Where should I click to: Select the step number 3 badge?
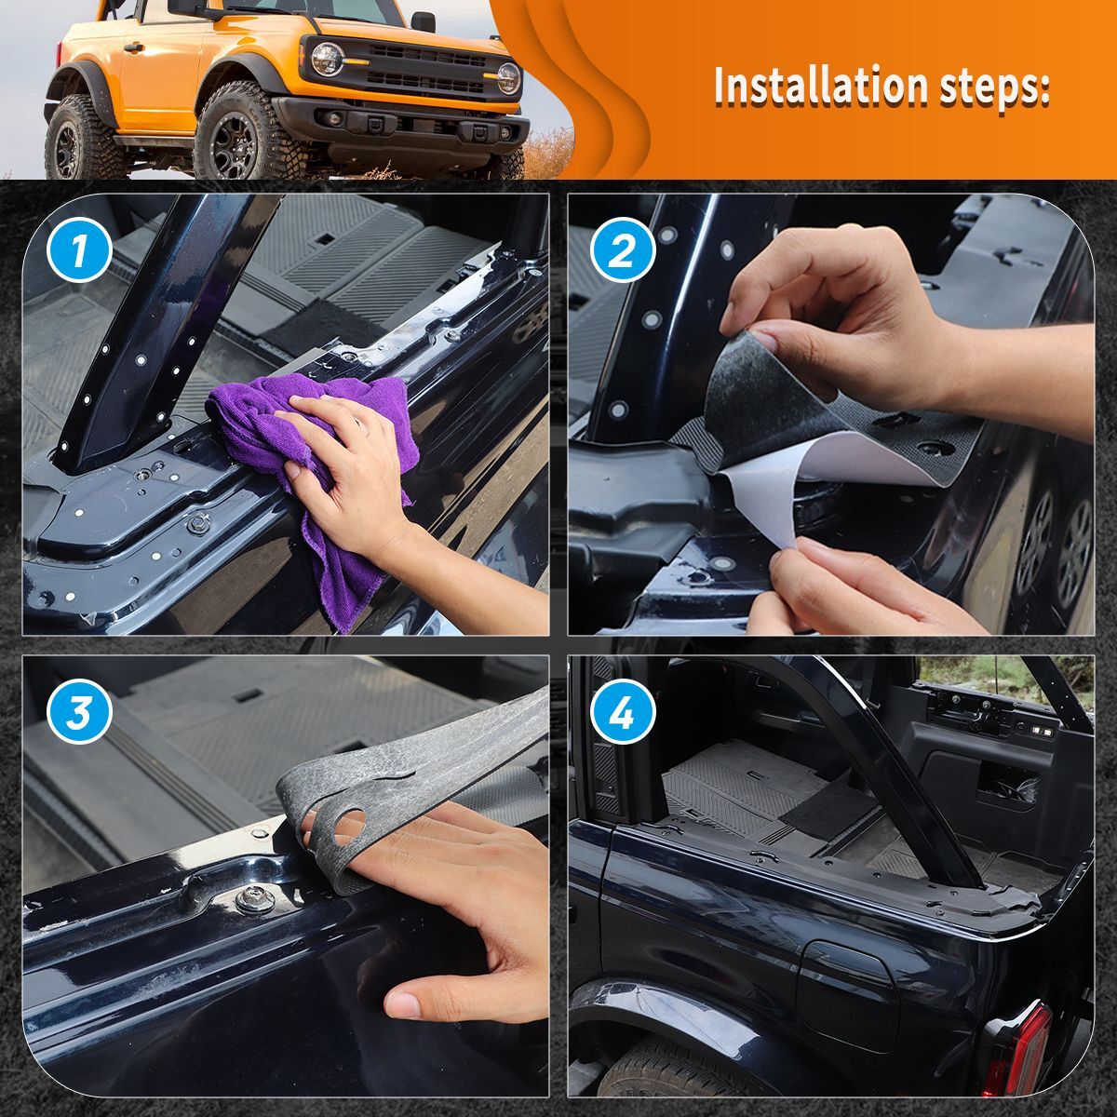coord(80,714)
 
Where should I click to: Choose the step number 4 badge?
coord(622,714)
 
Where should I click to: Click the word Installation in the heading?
coord(816,87)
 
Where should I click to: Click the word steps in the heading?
coord(989,87)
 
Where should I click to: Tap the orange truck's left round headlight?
coord(327,59)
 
